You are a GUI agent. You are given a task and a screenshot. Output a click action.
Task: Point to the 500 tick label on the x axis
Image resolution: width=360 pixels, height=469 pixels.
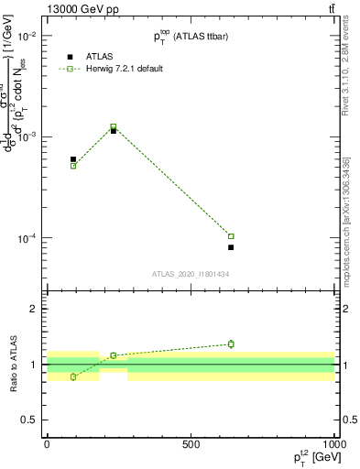click(x=191, y=443)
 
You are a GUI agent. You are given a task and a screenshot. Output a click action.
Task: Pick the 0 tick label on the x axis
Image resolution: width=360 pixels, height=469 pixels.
click(x=47, y=443)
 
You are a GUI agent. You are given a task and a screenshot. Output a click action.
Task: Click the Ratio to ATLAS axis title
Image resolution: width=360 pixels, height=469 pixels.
click(x=12, y=365)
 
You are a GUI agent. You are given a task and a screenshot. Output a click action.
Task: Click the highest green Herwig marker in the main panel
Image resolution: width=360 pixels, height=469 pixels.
click(x=114, y=126)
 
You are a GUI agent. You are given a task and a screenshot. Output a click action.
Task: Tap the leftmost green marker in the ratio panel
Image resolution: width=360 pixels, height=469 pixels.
click(x=73, y=376)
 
